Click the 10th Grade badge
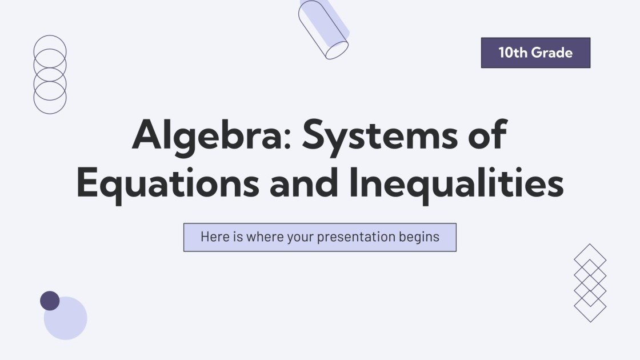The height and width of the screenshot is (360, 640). [535, 53]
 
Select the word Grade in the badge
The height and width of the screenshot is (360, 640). [552, 53]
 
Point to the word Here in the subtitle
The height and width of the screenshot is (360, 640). [214, 237]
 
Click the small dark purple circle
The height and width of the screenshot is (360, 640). [50, 301]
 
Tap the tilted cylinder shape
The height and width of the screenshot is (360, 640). [323, 29]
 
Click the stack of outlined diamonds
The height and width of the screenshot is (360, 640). [590, 283]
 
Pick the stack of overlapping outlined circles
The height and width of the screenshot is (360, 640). [50, 74]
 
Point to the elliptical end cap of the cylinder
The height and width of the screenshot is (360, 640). [337, 50]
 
